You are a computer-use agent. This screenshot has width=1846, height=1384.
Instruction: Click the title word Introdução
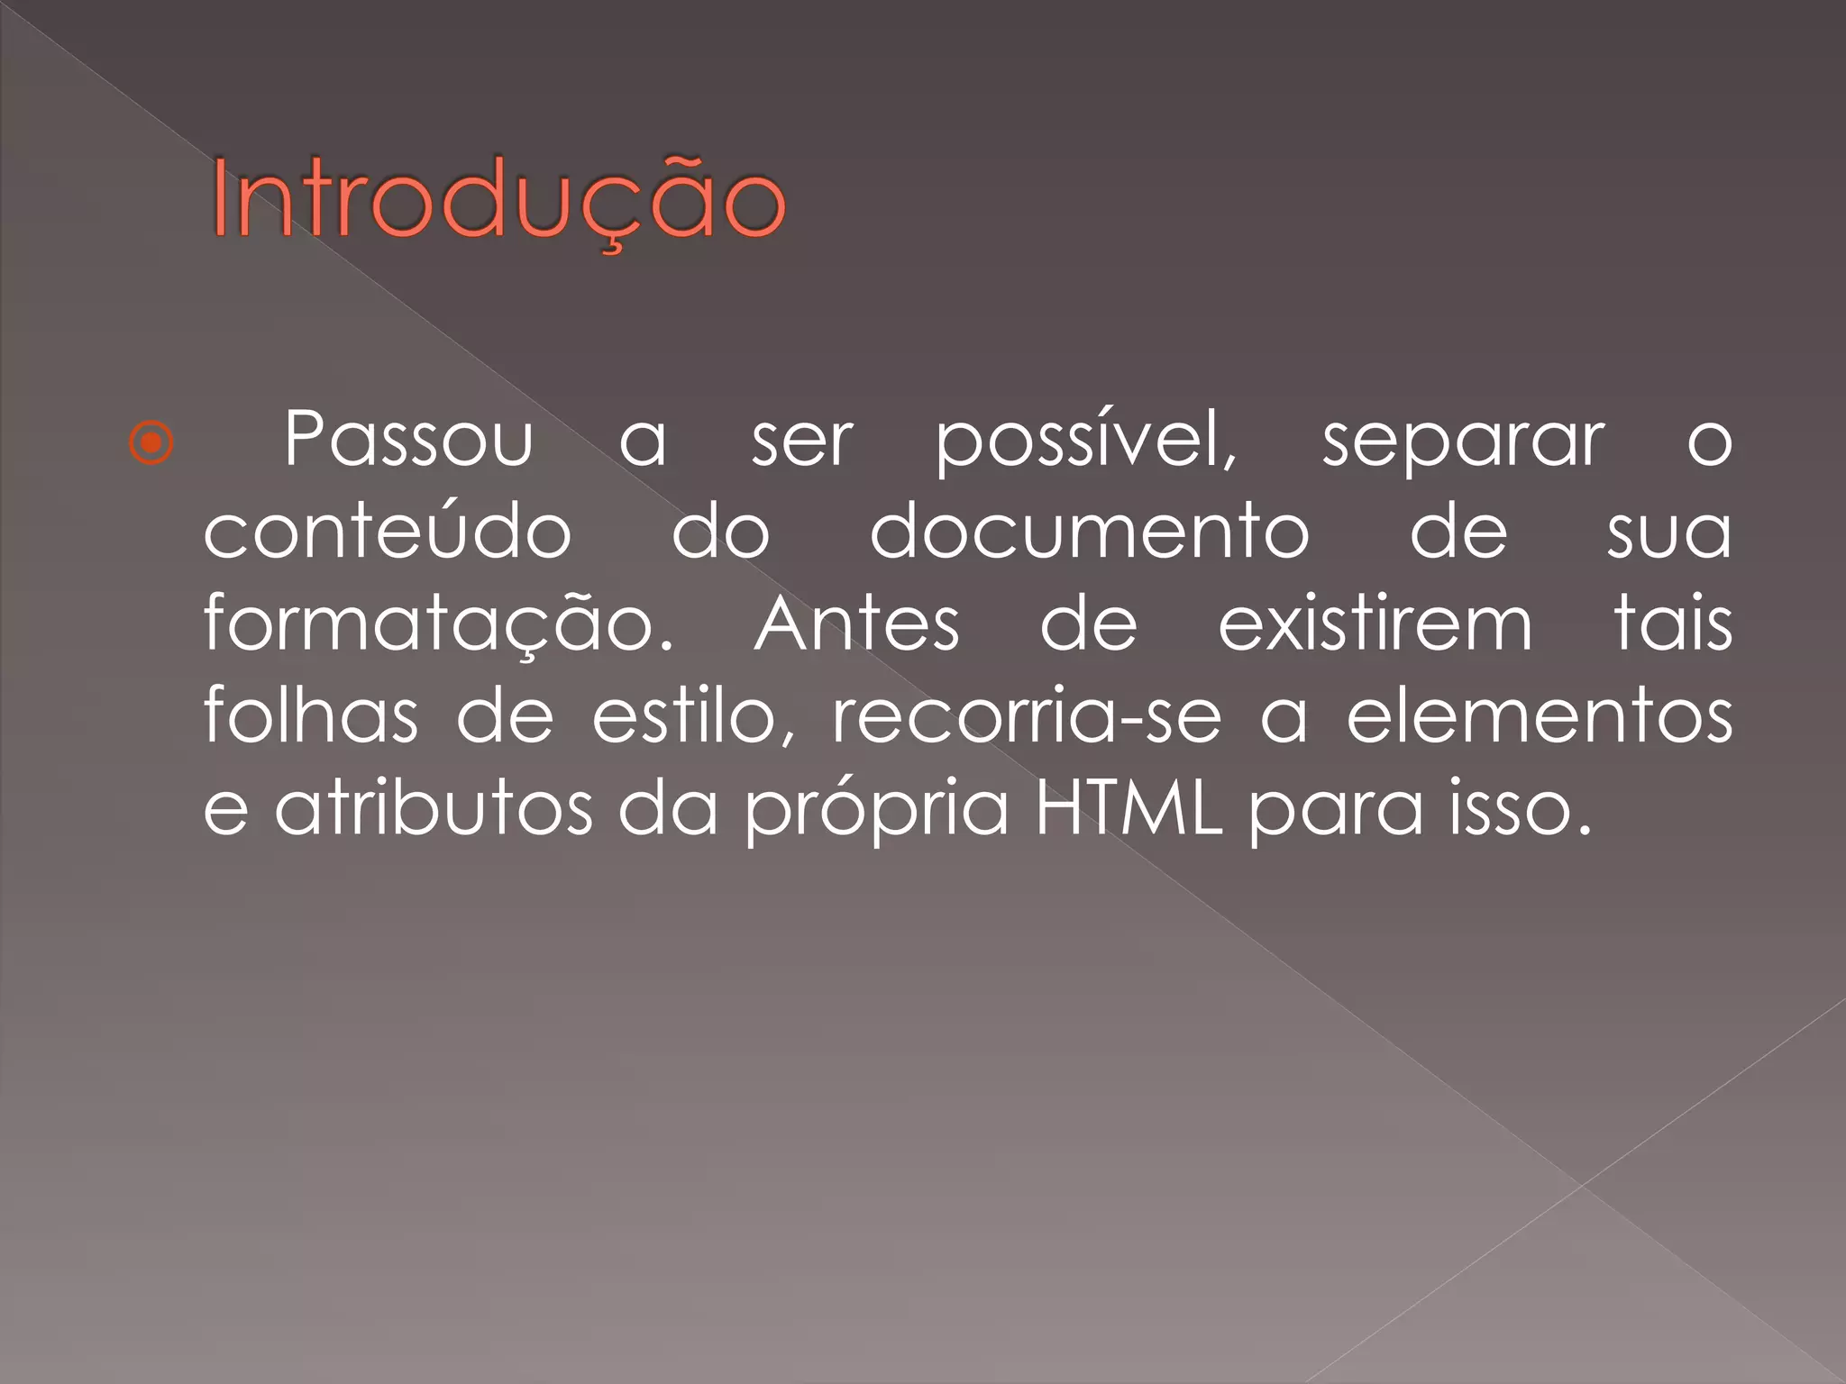498,200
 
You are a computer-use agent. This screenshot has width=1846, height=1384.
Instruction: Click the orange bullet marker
151,442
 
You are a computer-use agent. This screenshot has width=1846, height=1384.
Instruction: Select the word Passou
408,440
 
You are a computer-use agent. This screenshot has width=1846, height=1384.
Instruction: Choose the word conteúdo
387,532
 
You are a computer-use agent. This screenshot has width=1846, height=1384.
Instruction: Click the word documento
1089,532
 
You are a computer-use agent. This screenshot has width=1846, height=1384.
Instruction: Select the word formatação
438,625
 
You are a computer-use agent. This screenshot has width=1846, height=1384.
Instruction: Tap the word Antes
857,624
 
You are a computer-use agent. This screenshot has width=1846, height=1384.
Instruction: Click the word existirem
1375,624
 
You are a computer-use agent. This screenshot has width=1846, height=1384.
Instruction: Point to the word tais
1673,624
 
